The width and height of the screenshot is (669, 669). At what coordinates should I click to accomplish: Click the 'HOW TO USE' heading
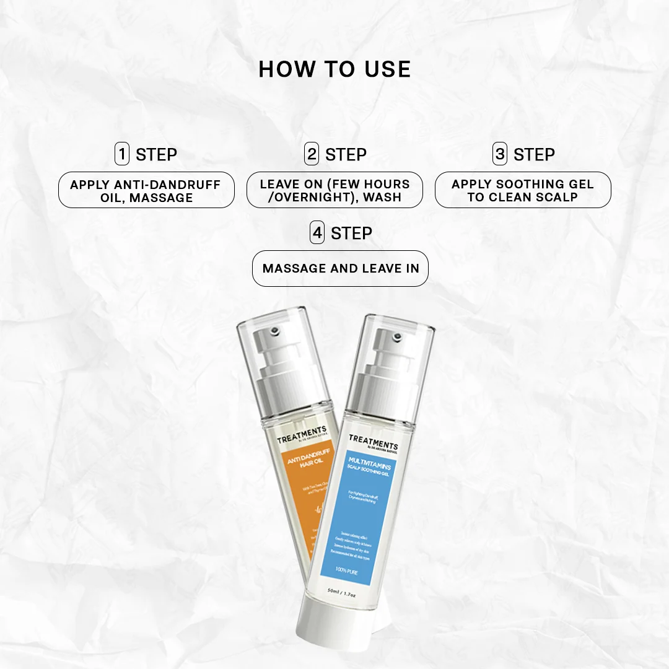[334, 69]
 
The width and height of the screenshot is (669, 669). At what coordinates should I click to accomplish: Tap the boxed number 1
[122, 154]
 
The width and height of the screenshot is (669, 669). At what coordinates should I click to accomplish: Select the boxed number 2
[312, 154]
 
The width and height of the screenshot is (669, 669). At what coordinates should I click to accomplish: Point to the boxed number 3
[500, 154]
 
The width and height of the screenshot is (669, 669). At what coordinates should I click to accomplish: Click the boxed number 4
[317, 233]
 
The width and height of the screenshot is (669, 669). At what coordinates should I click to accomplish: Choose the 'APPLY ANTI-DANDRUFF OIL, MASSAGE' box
[146, 190]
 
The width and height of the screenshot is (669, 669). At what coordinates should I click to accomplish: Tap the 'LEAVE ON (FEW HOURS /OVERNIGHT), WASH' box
[334, 190]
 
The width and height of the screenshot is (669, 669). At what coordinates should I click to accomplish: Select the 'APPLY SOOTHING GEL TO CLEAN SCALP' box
[523, 190]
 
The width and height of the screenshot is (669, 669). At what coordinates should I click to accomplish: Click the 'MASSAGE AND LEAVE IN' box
[340, 268]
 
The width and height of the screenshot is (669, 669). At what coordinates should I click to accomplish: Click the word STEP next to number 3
[534, 154]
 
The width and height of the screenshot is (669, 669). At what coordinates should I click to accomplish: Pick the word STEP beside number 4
[351, 234]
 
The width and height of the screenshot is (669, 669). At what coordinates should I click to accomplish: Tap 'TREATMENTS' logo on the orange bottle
[302, 433]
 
